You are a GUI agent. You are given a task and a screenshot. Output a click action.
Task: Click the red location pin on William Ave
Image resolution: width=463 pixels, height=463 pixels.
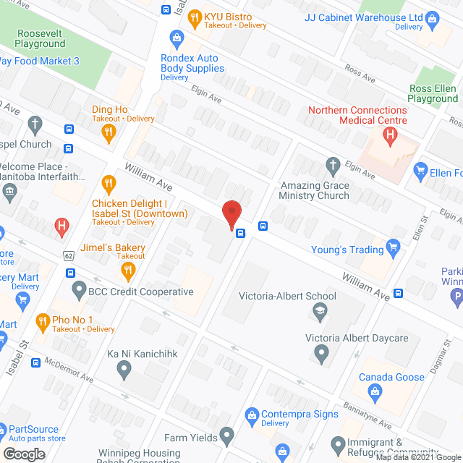point(231,214)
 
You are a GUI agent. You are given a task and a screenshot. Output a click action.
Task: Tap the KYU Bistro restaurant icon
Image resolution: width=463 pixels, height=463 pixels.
point(193,17)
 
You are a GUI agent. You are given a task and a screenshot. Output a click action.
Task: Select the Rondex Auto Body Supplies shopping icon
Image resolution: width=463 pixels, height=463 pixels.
point(175,37)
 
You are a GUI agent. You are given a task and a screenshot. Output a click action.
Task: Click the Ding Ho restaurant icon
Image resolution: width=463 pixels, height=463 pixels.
point(109,131)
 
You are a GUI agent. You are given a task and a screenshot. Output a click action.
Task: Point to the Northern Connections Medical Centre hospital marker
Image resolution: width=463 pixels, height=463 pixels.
point(391,135)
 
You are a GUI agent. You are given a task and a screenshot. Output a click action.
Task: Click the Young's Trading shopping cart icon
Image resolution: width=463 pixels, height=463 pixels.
point(394,249)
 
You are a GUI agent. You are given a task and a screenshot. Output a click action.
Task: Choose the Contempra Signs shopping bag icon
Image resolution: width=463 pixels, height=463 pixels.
point(252,415)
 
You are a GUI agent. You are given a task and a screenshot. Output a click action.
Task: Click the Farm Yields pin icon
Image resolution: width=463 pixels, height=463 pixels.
point(227,436)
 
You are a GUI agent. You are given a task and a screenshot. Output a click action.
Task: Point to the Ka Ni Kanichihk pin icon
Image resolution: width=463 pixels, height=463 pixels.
point(124,370)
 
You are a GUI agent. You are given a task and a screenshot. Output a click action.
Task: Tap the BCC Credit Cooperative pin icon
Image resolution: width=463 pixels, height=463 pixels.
point(79,292)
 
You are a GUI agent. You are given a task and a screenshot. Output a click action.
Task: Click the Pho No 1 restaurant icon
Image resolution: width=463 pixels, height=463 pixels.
point(42,320)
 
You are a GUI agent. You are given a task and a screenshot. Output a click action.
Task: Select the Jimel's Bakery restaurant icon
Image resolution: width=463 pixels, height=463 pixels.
point(128,271)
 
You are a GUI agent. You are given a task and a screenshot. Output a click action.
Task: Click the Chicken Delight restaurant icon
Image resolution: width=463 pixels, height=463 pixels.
point(109,182)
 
